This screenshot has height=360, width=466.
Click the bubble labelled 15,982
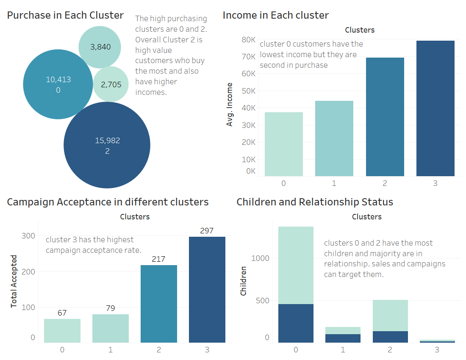click(x=107, y=145)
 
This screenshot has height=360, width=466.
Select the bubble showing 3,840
click(x=100, y=47)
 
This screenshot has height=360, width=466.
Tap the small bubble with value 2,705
click(x=111, y=84)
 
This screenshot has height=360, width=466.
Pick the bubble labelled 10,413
click(x=58, y=84)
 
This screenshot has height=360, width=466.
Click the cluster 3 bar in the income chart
click(x=435, y=108)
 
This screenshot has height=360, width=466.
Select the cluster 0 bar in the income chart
click(x=283, y=144)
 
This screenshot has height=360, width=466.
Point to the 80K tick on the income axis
click(x=249, y=40)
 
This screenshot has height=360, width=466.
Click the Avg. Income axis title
click(x=230, y=104)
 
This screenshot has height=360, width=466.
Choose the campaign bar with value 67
click(x=62, y=330)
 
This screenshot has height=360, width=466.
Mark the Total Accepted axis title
click(x=14, y=281)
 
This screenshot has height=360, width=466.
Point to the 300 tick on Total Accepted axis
click(x=28, y=236)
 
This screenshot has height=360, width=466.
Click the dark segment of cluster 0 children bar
click(x=296, y=323)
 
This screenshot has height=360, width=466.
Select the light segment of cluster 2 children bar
click(x=390, y=316)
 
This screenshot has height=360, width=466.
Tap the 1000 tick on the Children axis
click(x=261, y=258)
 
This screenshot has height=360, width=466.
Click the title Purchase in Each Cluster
click(x=65, y=15)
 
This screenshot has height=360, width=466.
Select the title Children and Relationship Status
click(x=315, y=202)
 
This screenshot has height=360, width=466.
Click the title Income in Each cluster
click(x=276, y=15)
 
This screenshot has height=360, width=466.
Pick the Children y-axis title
click(x=244, y=281)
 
